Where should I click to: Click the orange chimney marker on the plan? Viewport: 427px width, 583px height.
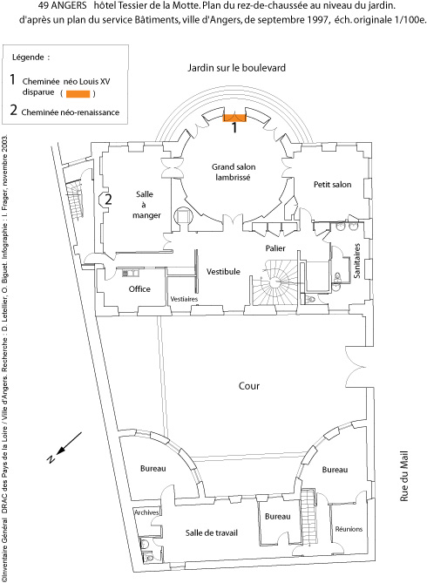[x=234, y=118]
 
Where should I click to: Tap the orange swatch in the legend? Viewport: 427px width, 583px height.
[x=78, y=94]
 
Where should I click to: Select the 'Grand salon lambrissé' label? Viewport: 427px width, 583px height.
[x=234, y=173]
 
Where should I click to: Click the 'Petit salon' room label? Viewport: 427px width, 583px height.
[x=332, y=185]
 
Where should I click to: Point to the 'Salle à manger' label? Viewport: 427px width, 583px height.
[x=146, y=205]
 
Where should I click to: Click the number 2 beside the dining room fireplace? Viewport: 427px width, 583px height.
[x=108, y=200]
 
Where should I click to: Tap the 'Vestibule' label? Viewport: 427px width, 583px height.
[x=223, y=271]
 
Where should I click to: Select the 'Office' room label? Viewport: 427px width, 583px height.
[x=139, y=289]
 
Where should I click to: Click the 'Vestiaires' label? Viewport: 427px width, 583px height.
[x=184, y=299]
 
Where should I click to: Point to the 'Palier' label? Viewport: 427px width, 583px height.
[x=275, y=248]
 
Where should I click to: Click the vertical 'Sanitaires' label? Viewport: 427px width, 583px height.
[x=357, y=261]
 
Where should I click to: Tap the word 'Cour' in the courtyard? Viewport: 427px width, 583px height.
[x=249, y=386]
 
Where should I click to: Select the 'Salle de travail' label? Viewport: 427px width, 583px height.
[x=211, y=532]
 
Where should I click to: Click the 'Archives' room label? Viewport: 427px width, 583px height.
[x=146, y=512]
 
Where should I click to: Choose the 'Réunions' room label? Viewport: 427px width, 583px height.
[x=349, y=529]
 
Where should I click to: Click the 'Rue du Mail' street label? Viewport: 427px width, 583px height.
[x=404, y=476]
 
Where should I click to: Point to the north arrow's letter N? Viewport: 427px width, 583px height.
[x=51, y=458]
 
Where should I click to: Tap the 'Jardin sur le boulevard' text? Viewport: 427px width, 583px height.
[x=236, y=68]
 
